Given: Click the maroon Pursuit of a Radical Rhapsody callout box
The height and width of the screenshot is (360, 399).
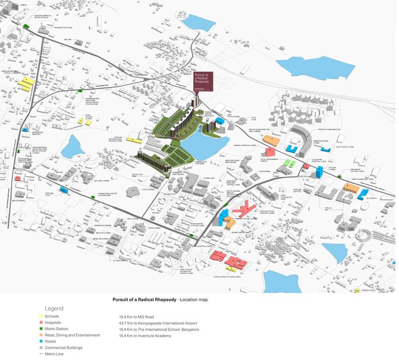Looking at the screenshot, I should coord(204,81).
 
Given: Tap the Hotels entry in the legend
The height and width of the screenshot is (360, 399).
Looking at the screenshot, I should coord(51,341).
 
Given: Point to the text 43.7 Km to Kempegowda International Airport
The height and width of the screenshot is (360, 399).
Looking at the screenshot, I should coord(158,323).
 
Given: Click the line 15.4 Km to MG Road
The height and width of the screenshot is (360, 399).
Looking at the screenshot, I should coord(136,317).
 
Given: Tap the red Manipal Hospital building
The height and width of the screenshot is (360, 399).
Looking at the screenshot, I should coord(270,152).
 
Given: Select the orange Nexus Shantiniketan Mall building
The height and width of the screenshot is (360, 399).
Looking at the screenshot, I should coord(271,140).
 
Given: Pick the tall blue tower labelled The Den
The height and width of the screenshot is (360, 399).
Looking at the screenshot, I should coord(319,172).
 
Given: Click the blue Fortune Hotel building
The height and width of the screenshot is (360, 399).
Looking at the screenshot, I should coord(63,189).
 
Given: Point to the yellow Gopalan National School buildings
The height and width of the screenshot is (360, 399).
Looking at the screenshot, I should coord(26,85).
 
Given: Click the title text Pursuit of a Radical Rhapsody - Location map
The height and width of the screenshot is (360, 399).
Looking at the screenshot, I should coord(160,299).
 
